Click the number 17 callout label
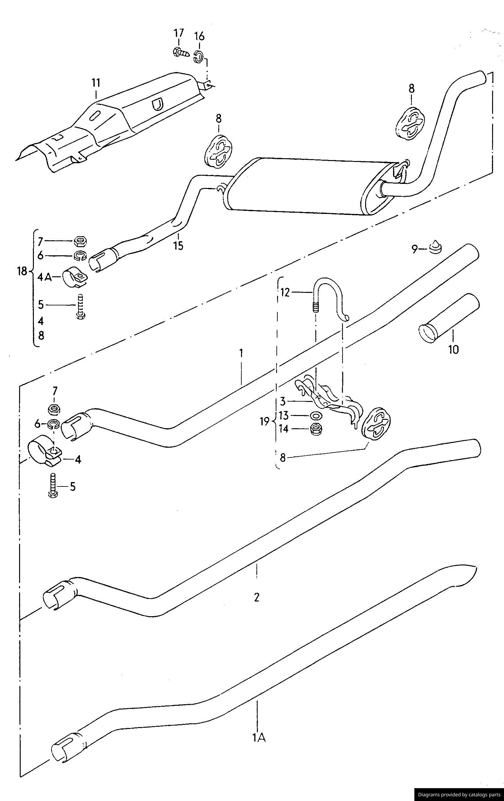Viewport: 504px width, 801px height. pos(178,33)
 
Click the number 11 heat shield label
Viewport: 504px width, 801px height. pos(96,83)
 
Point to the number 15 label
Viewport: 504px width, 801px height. pos(178,246)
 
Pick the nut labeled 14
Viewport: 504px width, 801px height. pos(315,429)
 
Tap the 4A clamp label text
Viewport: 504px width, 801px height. pos(44,277)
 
